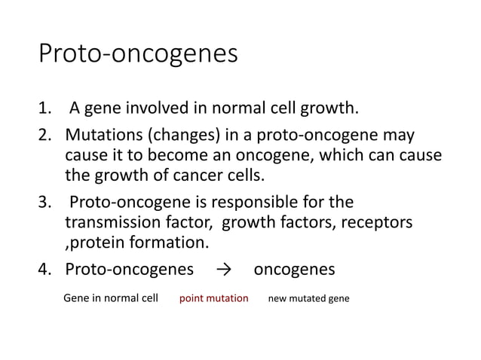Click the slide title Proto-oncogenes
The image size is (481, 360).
coord(138,54)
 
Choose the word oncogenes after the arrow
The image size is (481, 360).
coord(294,270)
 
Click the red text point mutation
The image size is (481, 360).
coord(213,298)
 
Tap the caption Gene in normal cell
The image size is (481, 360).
coord(110,298)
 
